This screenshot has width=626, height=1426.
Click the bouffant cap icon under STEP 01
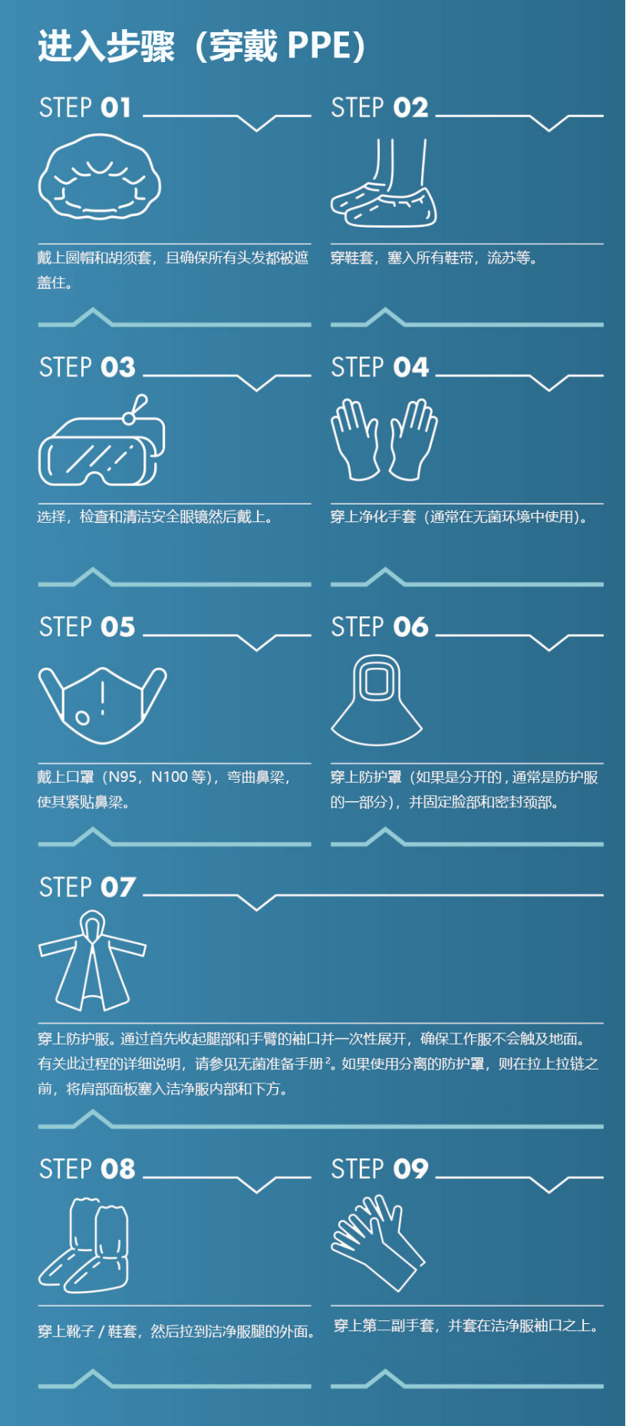pos(100,177)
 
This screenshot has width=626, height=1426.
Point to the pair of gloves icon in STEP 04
pos(384,439)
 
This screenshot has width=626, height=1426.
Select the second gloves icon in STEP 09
pos(376,1242)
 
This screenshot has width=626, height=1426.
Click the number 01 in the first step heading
pos(116,108)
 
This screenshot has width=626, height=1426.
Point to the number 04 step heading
pos(411,368)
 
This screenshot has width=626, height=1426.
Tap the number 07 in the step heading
pos(118,888)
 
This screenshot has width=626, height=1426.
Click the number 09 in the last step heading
pos(411,1169)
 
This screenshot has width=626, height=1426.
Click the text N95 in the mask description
pos(123,777)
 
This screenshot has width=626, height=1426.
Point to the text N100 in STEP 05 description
pos(170,777)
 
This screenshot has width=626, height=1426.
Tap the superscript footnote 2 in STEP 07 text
pos(328,1060)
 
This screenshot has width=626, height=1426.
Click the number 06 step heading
pos(411,628)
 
